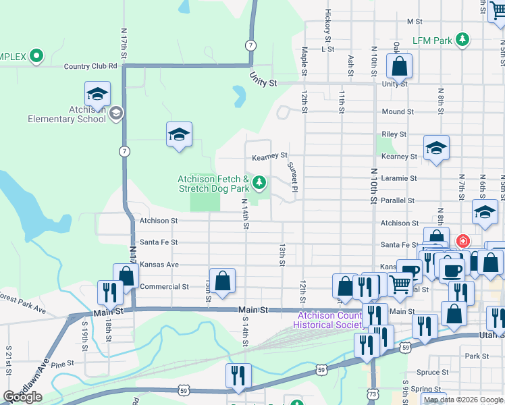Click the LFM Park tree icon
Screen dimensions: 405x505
pyautogui.click(x=462, y=40)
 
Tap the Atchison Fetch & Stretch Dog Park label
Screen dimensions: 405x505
pyautogui.click(x=213, y=184)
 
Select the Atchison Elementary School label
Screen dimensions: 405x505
pyautogui.click(x=67, y=114)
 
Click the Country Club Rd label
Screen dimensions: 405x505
pyautogui.click(x=90, y=66)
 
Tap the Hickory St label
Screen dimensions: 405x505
pyautogui.click(x=327, y=22)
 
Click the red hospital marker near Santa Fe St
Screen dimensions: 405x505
pyautogui.click(x=463, y=241)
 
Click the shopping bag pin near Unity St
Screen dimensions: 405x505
pyautogui.click(x=399, y=66)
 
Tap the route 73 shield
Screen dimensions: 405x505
pyautogui.click(x=373, y=392)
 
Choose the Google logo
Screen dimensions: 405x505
pyautogui.click(x=22, y=397)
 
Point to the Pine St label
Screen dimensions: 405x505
pyautogui.click(x=61, y=364)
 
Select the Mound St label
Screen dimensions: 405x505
pyautogui.click(x=397, y=112)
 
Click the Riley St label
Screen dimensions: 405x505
pyautogui.click(x=394, y=134)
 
